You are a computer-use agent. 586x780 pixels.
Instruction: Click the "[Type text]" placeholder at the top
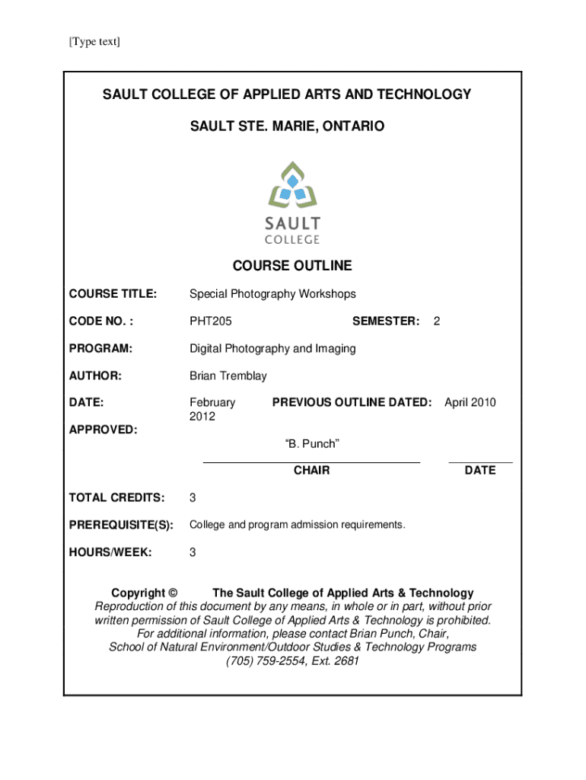pyautogui.click(x=94, y=42)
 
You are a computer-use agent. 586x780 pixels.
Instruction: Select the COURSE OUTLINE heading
pyautogui.click(x=292, y=266)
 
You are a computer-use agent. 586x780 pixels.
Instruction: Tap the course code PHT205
pyautogui.click(x=211, y=321)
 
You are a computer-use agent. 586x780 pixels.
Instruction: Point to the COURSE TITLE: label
pyautogui.click(x=113, y=294)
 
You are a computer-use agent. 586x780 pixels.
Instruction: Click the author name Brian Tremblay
pyautogui.click(x=228, y=376)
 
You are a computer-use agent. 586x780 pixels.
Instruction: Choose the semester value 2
pyautogui.click(x=436, y=321)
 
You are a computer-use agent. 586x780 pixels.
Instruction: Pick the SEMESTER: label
pyautogui.click(x=386, y=321)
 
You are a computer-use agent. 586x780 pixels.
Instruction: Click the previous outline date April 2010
pyautogui.click(x=470, y=402)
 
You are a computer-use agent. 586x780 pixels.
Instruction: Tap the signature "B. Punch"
pyautogui.click(x=311, y=443)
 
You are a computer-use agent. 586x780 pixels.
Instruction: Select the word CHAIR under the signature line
pyautogui.click(x=311, y=471)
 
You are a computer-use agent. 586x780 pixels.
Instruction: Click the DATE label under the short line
pyautogui.click(x=479, y=471)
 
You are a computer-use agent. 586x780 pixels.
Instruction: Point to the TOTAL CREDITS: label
pyautogui.click(x=116, y=498)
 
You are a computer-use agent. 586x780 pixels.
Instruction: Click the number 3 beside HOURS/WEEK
pyautogui.click(x=193, y=553)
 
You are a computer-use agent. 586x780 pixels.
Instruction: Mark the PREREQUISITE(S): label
pyautogui.click(x=121, y=526)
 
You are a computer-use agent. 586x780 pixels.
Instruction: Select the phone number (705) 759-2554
pyautogui.click(x=266, y=661)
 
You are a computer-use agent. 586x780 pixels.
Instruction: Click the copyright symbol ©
pyautogui.click(x=173, y=593)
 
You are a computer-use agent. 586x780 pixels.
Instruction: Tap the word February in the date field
pyautogui.click(x=212, y=402)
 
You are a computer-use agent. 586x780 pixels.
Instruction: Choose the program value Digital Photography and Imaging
pyautogui.click(x=272, y=349)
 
